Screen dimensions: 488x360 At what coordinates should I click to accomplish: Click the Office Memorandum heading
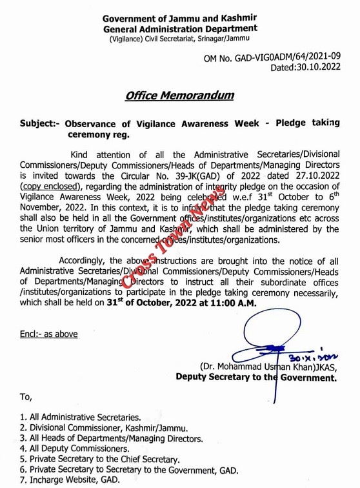179,96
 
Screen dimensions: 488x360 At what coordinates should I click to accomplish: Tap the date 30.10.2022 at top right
314,66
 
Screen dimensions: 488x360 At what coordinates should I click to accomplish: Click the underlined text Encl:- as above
48,334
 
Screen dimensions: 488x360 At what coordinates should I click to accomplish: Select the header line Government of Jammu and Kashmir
179,18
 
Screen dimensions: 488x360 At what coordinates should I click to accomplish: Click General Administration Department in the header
179,28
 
